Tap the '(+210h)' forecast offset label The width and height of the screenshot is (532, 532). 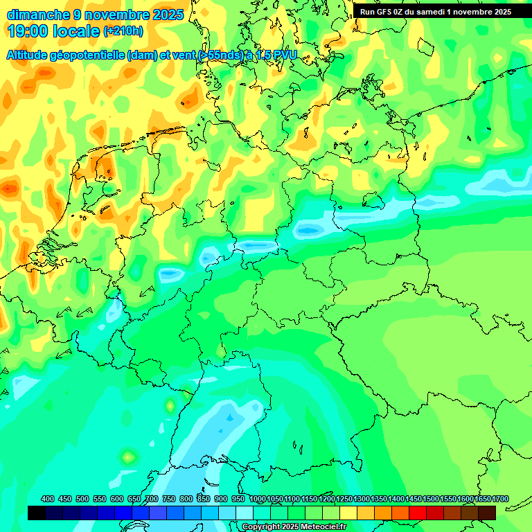pyautogui.click(x=123, y=30)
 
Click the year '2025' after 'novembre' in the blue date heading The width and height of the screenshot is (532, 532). pyautogui.click(x=167, y=14)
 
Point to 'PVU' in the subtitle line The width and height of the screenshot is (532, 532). pyautogui.click(x=284, y=55)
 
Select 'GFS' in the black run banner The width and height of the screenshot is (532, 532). pyautogui.click(x=388, y=12)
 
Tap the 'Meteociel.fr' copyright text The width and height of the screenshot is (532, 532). pyautogui.click(x=321, y=527)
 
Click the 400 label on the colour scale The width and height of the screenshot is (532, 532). pyautogui.click(x=48, y=499)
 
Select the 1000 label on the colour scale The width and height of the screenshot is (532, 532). pyautogui.click(x=257, y=499)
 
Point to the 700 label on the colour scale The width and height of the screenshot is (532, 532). pyautogui.click(x=152, y=499)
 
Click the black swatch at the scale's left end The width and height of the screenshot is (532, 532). pyautogui.click(x=37, y=513)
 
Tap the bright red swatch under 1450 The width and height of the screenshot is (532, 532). pyautogui.click(x=418, y=513)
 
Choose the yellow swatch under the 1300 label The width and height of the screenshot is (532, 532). pyautogui.click(x=366, y=513)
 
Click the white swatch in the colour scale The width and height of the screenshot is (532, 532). pyautogui.click(x=245, y=513)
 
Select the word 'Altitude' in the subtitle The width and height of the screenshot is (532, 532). pyautogui.click(x=29, y=55)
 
